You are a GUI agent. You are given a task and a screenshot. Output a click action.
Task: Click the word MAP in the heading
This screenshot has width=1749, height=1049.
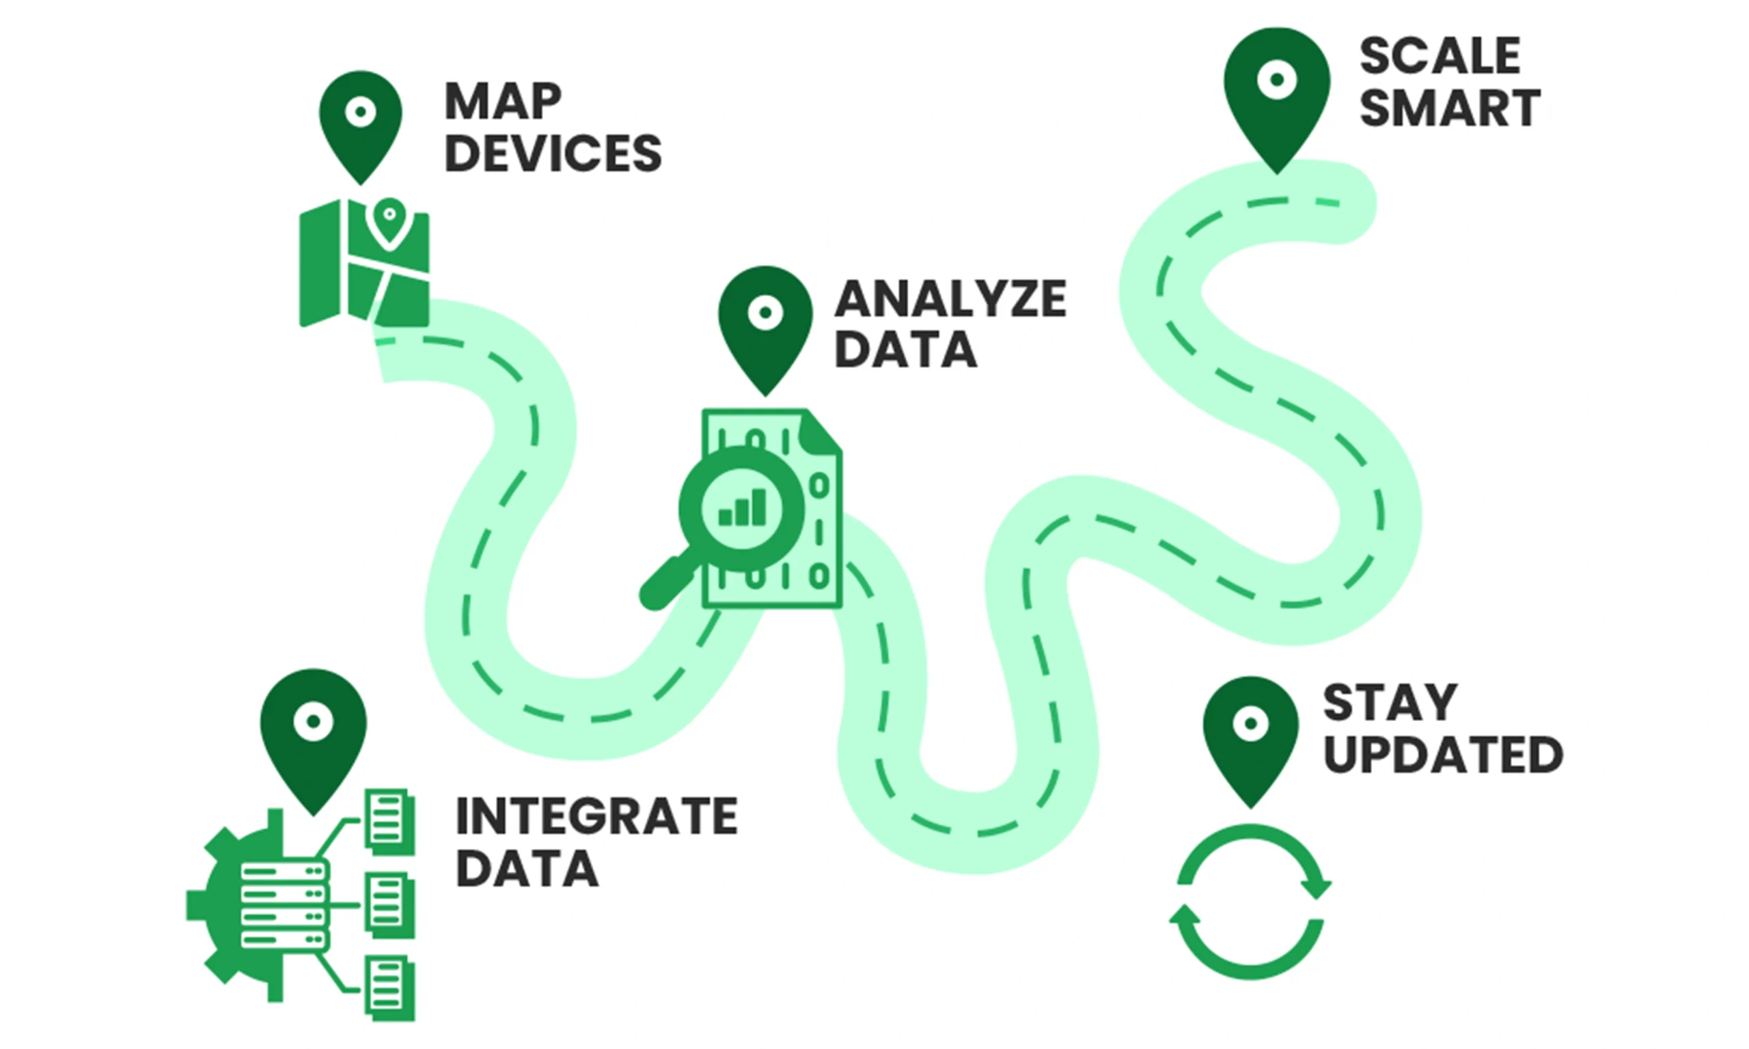(x=503, y=102)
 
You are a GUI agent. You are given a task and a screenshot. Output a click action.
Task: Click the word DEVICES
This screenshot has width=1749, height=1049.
(x=553, y=154)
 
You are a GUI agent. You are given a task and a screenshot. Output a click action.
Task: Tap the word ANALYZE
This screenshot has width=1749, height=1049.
(x=950, y=299)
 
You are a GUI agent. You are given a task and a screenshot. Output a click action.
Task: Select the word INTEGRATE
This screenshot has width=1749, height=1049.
(x=596, y=816)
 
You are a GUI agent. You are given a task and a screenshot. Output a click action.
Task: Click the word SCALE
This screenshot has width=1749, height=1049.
(x=1440, y=57)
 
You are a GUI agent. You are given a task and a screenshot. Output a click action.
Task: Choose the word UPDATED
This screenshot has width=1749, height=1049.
(x=1443, y=755)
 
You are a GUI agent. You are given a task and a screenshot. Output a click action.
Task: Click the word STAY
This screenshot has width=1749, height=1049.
(x=1390, y=703)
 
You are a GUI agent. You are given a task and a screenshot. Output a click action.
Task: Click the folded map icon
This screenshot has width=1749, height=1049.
(x=364, y=265)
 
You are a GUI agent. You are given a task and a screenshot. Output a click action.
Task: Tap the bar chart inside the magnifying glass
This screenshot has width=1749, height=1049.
(x=742, y=508)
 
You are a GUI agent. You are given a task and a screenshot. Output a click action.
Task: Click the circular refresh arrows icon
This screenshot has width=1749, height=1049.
(x=1250, y=901)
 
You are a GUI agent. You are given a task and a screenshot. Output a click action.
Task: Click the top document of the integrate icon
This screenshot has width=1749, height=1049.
(x=388, y=820)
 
